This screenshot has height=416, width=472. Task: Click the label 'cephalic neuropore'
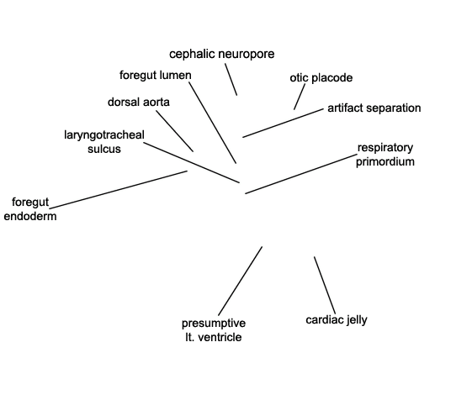coord(222,55)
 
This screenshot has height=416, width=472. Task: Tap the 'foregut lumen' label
coord(156,75)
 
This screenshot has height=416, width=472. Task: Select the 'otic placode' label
coord(321,78)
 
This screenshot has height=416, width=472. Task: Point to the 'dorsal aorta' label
coord(139,103)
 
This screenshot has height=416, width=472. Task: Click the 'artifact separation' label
coord(374,108)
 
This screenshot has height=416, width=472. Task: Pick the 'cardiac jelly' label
coord(337,320)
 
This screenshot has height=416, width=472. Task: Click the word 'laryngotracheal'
coord(104,135)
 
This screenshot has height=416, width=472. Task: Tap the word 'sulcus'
coord(104,149)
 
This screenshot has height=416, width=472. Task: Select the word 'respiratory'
coord(385,148)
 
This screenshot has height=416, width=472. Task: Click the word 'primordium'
coord(385,161)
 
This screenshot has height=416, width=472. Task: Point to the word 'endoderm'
coord(30,217)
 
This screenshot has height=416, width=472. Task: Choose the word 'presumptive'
coord(214,324)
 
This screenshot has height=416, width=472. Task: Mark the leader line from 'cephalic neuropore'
coord(231,79)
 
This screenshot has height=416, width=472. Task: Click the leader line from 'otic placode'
coord(300,97)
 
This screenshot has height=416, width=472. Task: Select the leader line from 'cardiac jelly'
coord(325,285)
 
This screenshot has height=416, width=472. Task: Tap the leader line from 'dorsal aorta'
coord(175,131)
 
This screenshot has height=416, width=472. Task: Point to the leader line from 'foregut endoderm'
coord(119,190)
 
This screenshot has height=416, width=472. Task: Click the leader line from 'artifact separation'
coord(283,124)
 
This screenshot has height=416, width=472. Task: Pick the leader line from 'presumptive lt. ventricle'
coord(241,281)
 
